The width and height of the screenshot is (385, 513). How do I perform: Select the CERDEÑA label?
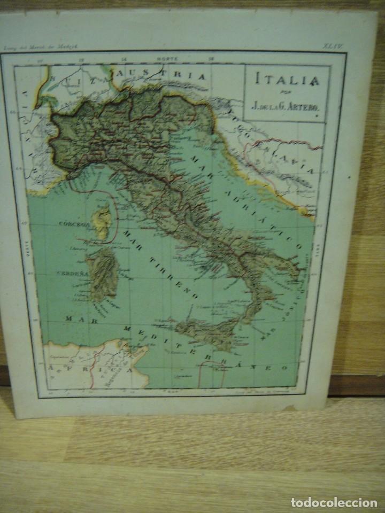pyautogui.click(x=70, y=273)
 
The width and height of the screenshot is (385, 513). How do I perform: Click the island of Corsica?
pyautogui.click(x=102, y=219)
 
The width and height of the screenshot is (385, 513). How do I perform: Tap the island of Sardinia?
pyautogui.click(x=103, y=273)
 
